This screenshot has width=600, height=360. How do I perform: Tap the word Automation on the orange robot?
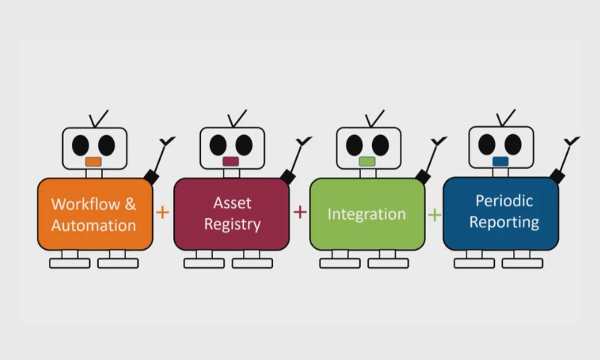94,224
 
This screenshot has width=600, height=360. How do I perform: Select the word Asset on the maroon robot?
232,202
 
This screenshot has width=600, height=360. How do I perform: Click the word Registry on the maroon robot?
232,223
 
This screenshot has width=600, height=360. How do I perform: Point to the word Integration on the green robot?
367,214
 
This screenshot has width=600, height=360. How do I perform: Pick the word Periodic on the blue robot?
504,200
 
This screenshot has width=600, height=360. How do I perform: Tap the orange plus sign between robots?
163,212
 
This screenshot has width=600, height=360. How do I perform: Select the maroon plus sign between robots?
300,212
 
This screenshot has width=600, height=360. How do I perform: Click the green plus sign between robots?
434,214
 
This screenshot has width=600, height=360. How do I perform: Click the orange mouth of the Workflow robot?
93,161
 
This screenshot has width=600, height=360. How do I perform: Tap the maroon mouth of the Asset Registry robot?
231,161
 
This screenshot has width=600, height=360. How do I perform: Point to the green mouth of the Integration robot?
367,161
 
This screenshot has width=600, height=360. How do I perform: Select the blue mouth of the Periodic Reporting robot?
500,160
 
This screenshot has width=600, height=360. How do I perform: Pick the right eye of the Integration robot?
381,144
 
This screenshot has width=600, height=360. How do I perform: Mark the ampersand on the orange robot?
130,203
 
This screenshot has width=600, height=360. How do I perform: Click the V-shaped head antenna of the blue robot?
506,118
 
